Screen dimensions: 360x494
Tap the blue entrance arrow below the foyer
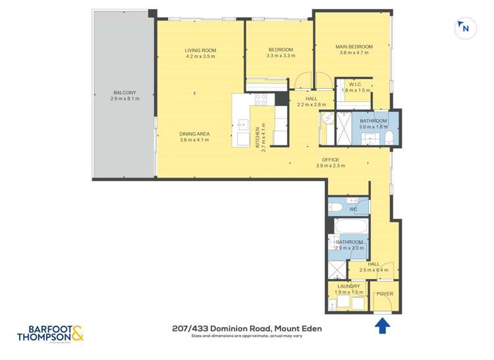[381, 324]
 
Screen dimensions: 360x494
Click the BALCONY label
[123, 93]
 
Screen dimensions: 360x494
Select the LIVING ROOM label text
[200, 50]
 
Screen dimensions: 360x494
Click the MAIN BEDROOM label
[354, 47]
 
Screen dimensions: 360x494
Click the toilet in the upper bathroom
[389, 137]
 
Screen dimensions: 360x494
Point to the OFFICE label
[330, 160]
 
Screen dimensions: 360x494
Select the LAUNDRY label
[348, 286]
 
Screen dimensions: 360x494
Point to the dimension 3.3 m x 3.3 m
[280, 57]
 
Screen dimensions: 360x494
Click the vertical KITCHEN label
[258, 138]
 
